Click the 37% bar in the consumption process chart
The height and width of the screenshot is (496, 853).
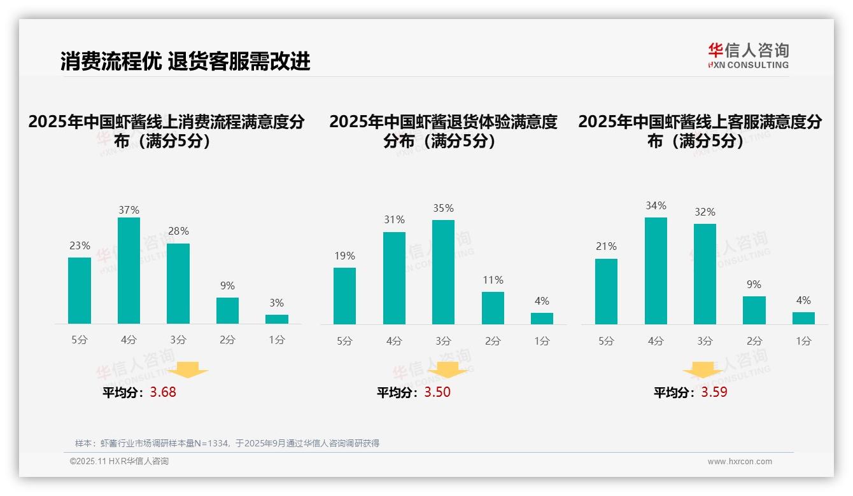pyautogui.click(x=129, y=270)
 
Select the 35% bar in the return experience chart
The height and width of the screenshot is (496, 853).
pyautogui.click(x=443, y=272)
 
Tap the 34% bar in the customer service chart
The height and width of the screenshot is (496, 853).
pyautogui.click(x=656, y=270)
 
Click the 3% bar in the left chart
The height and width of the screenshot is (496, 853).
pyautogui.click(x=277, y=319)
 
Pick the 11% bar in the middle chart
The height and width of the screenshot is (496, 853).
pyautogui.click(x=493, y=308)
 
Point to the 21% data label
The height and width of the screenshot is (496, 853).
pyautogui.click(x=606, y=246)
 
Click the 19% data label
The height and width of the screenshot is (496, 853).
pyautogui.click(x=344, y=256)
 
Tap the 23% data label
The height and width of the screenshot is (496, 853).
pyautogui.click(x=80, y=245)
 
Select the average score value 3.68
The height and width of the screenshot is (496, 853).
pyautogui.click(x=163, y=392)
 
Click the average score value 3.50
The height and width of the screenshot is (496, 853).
pyautogui.click(x=437, y=392)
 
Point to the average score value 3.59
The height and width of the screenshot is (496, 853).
pyautogui.click(x=714, y=392)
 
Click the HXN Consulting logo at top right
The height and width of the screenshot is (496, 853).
pyautogui.click(x=748, y=55)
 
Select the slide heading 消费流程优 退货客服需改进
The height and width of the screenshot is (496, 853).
pyautogui.click(x=185, y=61)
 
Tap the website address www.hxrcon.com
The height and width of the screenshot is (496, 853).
pyautogui.click(x=740, y=462)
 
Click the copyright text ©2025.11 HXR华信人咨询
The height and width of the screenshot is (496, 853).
pyautogui.click(x=119, y=462)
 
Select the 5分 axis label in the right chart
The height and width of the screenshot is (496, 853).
pyautogui.click(x=606, y=341)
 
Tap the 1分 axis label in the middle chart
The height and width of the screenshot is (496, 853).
pyautogui.click(x=542, y=341)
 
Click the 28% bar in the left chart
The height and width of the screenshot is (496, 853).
pyautogui.click(x=178, y=284)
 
